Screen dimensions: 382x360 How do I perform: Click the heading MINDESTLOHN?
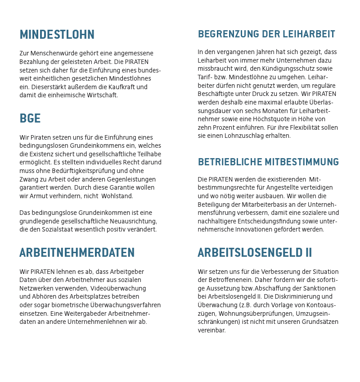pyautogui.click(x=57, y=35)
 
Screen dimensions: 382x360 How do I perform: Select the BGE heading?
pyautogui.click(x=30, y=118)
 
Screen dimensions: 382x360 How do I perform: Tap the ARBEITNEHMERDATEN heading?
pyautogui.click(x=77, y=253)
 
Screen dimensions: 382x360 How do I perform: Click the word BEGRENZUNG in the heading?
pyautogui.click(x=223, y=34)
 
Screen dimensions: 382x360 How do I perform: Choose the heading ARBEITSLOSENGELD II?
pyautogui.click(x=255, y=253)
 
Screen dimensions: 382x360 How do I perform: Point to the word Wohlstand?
pyautogui.click(x=117, y=196)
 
